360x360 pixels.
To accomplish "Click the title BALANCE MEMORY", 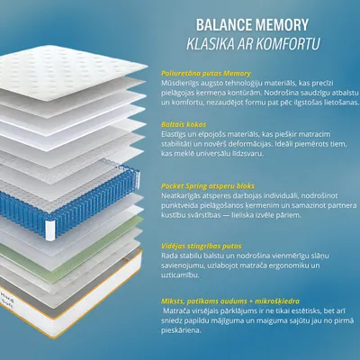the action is pos(252,25).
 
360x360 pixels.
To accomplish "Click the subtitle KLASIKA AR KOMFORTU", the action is pos(253,44).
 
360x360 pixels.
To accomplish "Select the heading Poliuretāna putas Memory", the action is pos(206,74).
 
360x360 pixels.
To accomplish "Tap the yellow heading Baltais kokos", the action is pos(184,124).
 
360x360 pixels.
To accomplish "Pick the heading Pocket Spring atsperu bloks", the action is pos(208,186).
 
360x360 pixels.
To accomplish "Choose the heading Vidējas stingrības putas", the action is pos(202,247).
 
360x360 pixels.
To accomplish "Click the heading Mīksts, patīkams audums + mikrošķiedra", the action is pos(230,301).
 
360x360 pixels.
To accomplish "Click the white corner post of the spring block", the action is pos(50,230).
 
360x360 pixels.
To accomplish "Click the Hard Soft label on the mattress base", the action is pos(6,299).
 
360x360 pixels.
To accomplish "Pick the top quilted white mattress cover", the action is pos(70,72).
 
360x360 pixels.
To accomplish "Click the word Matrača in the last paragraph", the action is pos(175,311).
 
